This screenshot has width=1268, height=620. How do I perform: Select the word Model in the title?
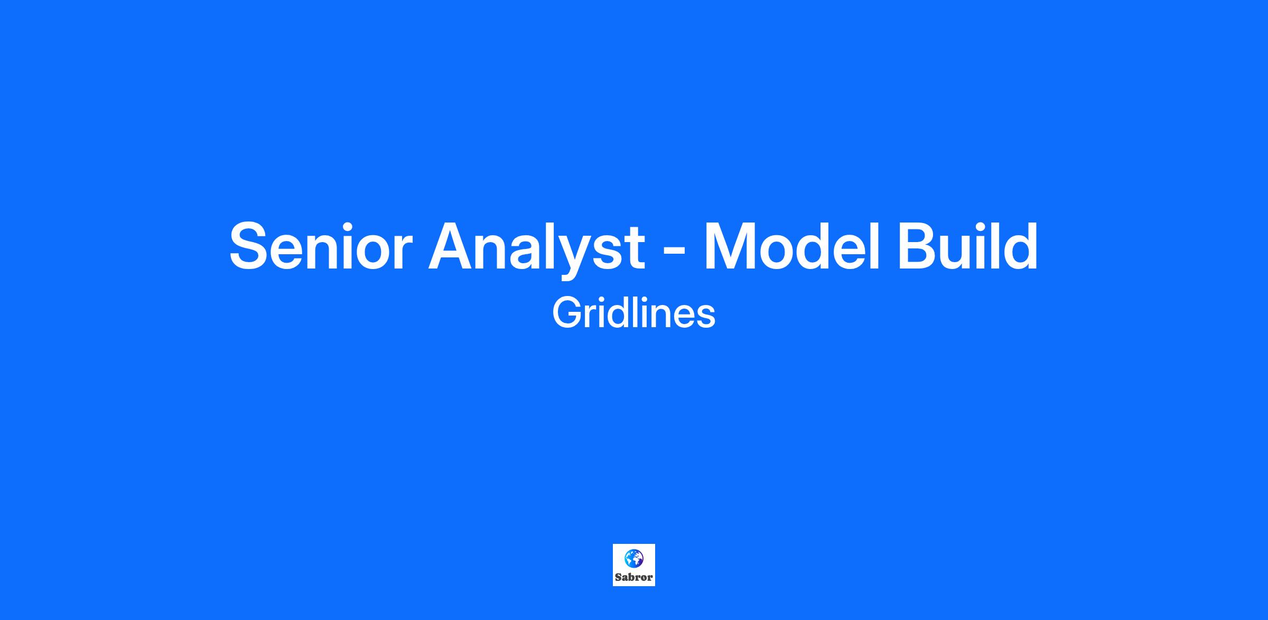point(792,246)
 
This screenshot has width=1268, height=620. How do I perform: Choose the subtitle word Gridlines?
point(633,313)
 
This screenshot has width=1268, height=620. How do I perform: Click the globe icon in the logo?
point(633,558)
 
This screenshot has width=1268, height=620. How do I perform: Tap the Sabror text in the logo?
point(633,577)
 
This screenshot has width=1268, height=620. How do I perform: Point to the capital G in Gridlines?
point(567,313)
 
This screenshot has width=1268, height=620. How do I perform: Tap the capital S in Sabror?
point(618,577)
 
